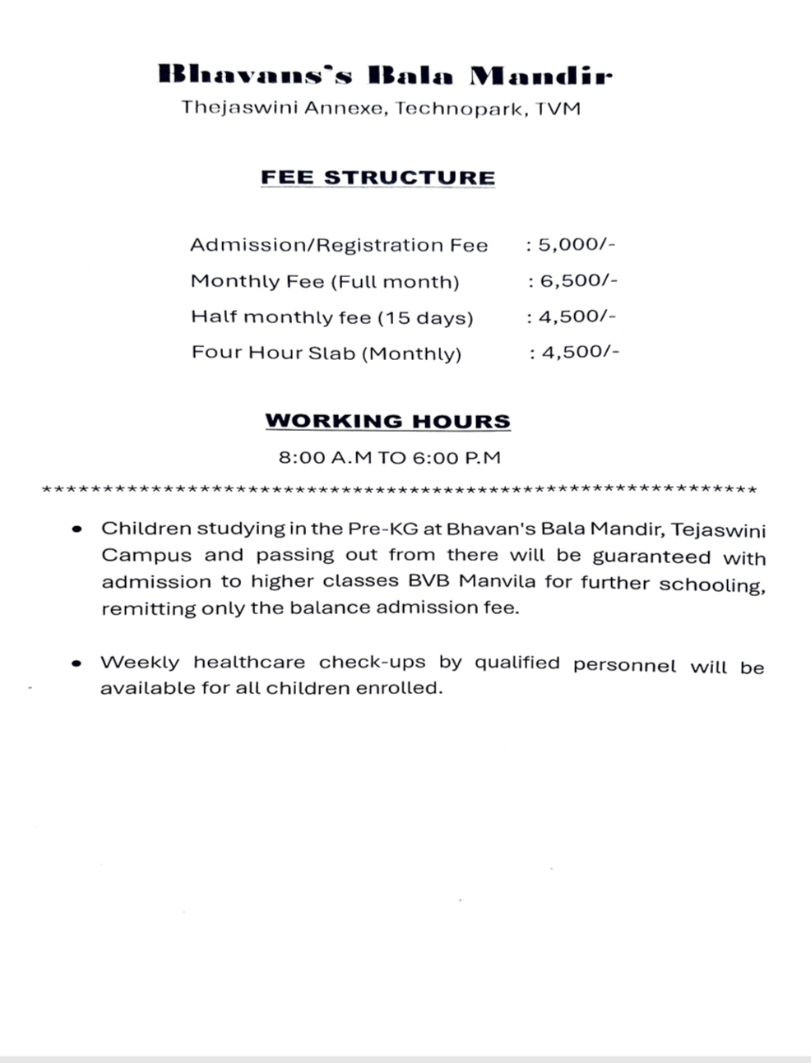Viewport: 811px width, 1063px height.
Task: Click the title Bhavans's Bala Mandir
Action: tap(385, 76)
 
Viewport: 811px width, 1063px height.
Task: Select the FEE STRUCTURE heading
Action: tap(378, 178)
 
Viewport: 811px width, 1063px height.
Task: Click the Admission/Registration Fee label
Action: tap(339, 245)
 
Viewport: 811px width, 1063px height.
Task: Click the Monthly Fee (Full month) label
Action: tap(325, 281)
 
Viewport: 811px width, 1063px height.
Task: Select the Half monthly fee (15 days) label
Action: tap(332, 317)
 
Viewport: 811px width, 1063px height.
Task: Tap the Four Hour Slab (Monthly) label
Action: tap(327, 353)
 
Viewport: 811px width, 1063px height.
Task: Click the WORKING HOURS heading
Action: tap(387, 421)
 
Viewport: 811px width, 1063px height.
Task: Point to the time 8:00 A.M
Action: tap(325, 458)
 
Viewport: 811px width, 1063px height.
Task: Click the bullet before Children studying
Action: tap(77, 529)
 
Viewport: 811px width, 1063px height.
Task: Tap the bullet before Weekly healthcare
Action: tap(77, 663)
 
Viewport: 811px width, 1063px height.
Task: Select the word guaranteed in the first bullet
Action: tap(651, 556)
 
